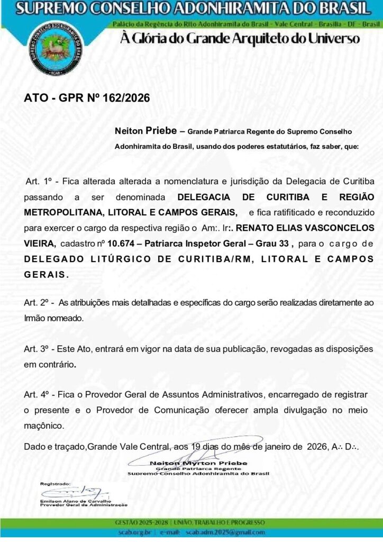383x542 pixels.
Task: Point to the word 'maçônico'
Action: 44,425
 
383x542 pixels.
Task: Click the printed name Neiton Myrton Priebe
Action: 198,463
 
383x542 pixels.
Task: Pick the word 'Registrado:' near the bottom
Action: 56,484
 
